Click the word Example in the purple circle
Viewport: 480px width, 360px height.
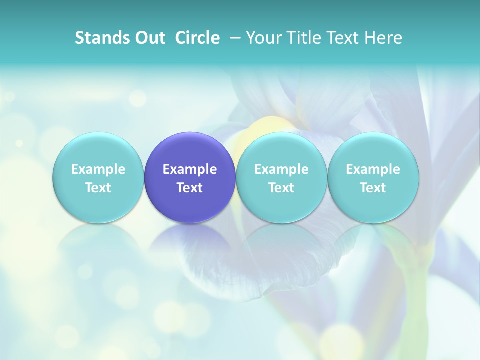click(190, 169)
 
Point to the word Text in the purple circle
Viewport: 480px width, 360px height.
click(190, 188)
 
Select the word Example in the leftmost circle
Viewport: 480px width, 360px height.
click(98, 169)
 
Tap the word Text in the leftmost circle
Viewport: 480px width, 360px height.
click(98, 188)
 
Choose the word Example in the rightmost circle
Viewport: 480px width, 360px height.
click(373, 169)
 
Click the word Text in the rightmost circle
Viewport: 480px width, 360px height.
click(373, 188)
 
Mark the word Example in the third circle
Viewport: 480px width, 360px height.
click(281, 169)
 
